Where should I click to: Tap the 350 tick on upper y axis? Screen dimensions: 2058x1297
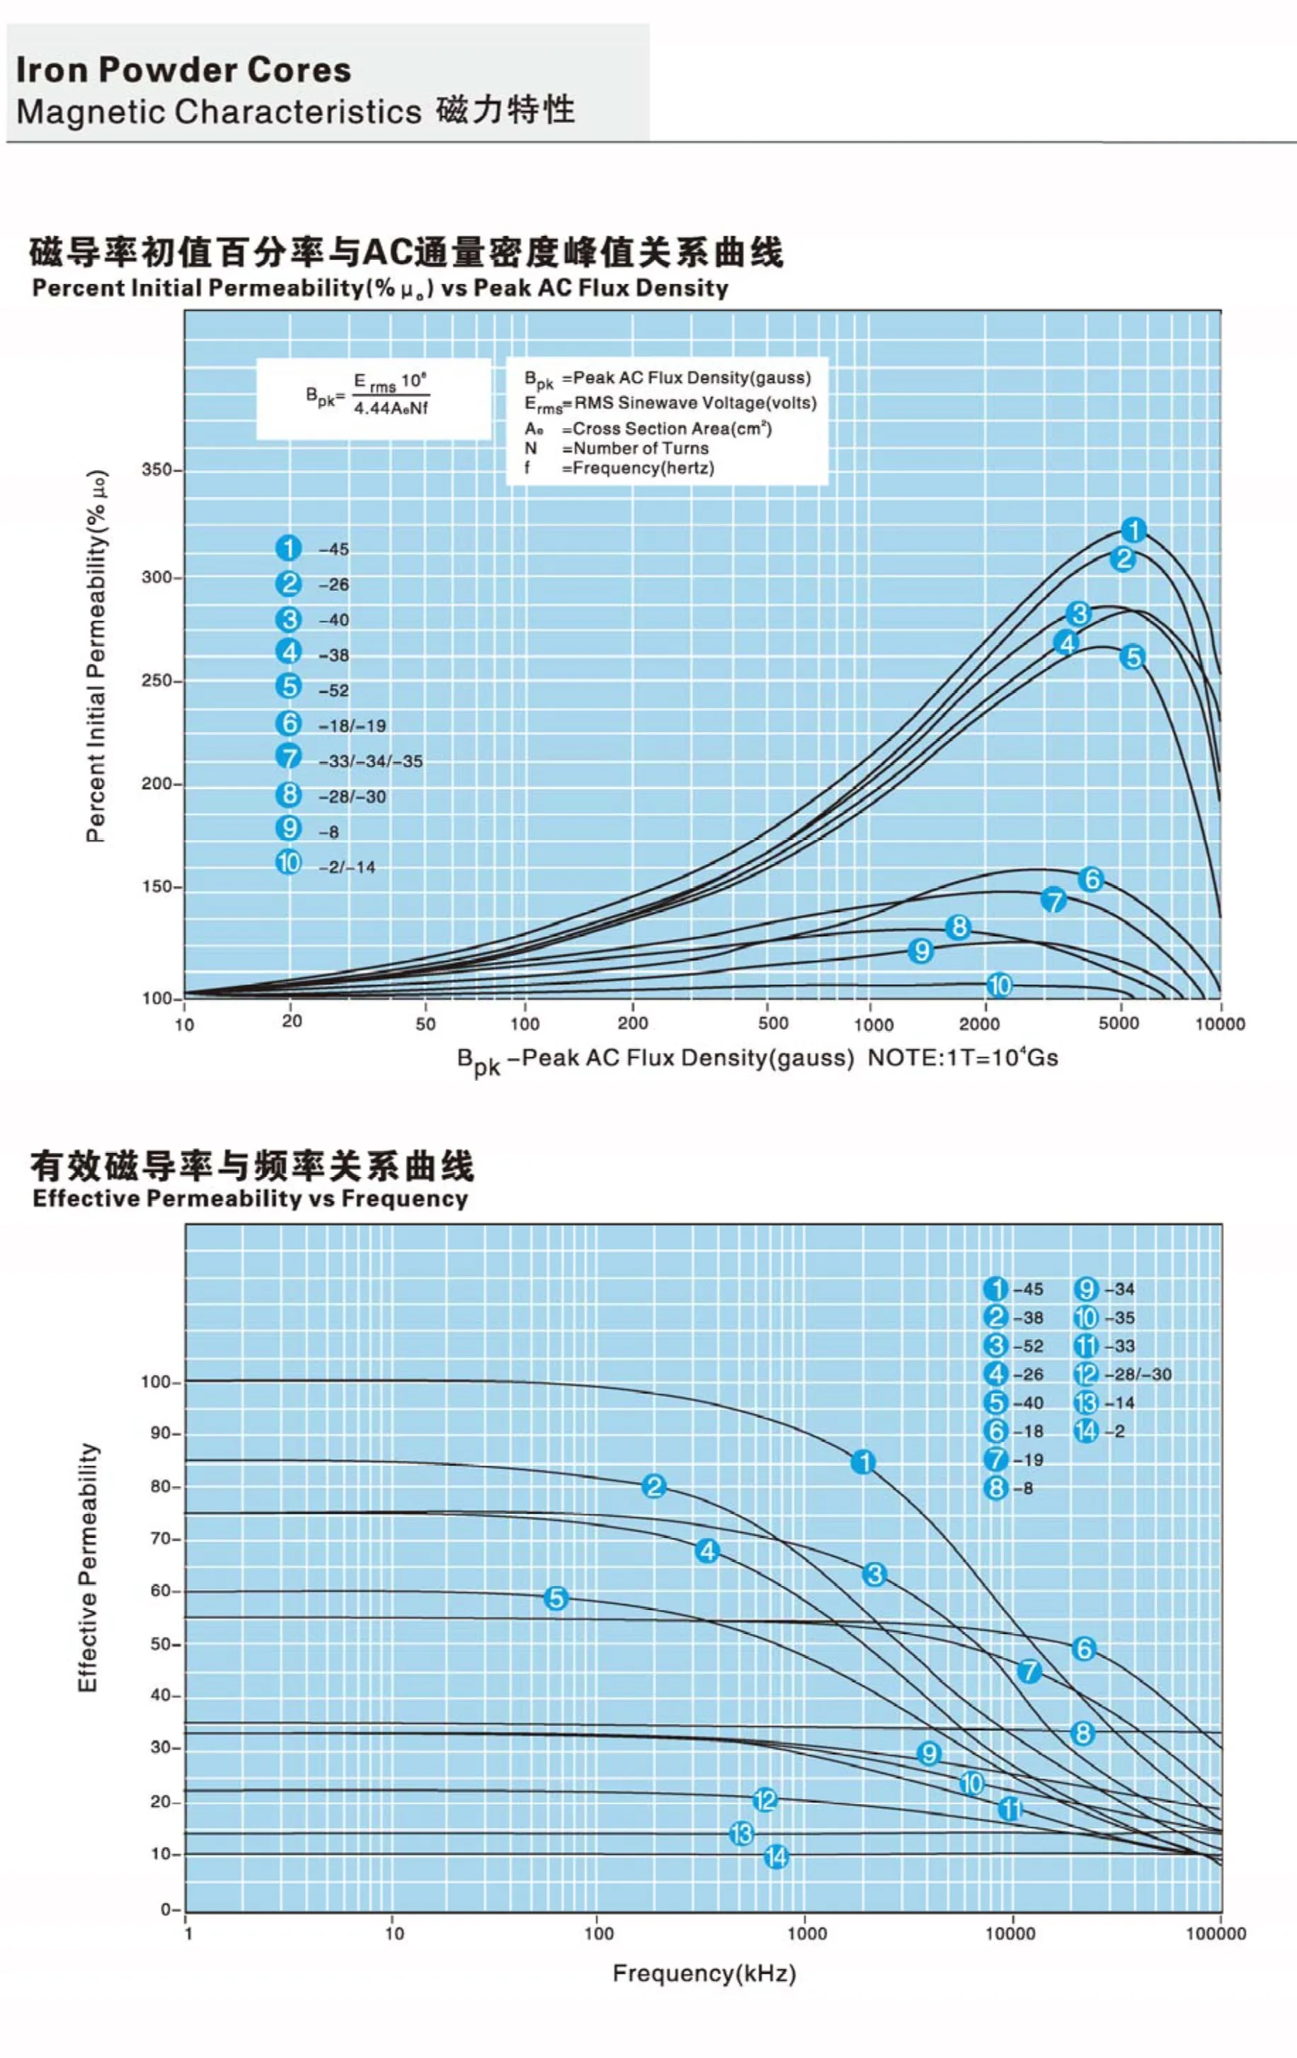coord(157,470)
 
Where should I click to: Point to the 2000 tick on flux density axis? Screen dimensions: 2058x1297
coord(979,1024)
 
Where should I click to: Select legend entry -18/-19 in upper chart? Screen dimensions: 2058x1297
coord(351,725)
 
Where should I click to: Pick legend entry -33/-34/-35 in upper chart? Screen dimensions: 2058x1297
coord(370,761)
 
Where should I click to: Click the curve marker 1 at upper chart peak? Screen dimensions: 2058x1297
coord(1133,530)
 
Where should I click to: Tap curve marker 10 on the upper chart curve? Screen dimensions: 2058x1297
coord(1000,984)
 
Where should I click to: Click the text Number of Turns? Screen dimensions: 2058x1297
coord(641,448)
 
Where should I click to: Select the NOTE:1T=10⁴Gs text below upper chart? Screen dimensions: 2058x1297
coord(963,1058)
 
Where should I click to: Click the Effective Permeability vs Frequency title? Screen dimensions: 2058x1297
coord(250,1198)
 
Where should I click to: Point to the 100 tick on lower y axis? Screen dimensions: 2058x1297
coord(156,1382)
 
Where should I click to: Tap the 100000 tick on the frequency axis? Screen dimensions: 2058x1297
coord(1216,1933)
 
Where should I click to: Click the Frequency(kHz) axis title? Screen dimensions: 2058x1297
coord(704,1973)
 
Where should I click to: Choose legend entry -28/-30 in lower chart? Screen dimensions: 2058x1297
coord(1137,1374)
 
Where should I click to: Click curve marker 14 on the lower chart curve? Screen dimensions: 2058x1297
coord(775,1856)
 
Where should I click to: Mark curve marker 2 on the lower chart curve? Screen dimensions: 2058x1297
coord(654,1486)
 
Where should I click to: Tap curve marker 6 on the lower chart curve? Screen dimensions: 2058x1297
coord(1084,1649)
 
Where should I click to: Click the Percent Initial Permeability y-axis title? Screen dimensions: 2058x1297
coord(96,655)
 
